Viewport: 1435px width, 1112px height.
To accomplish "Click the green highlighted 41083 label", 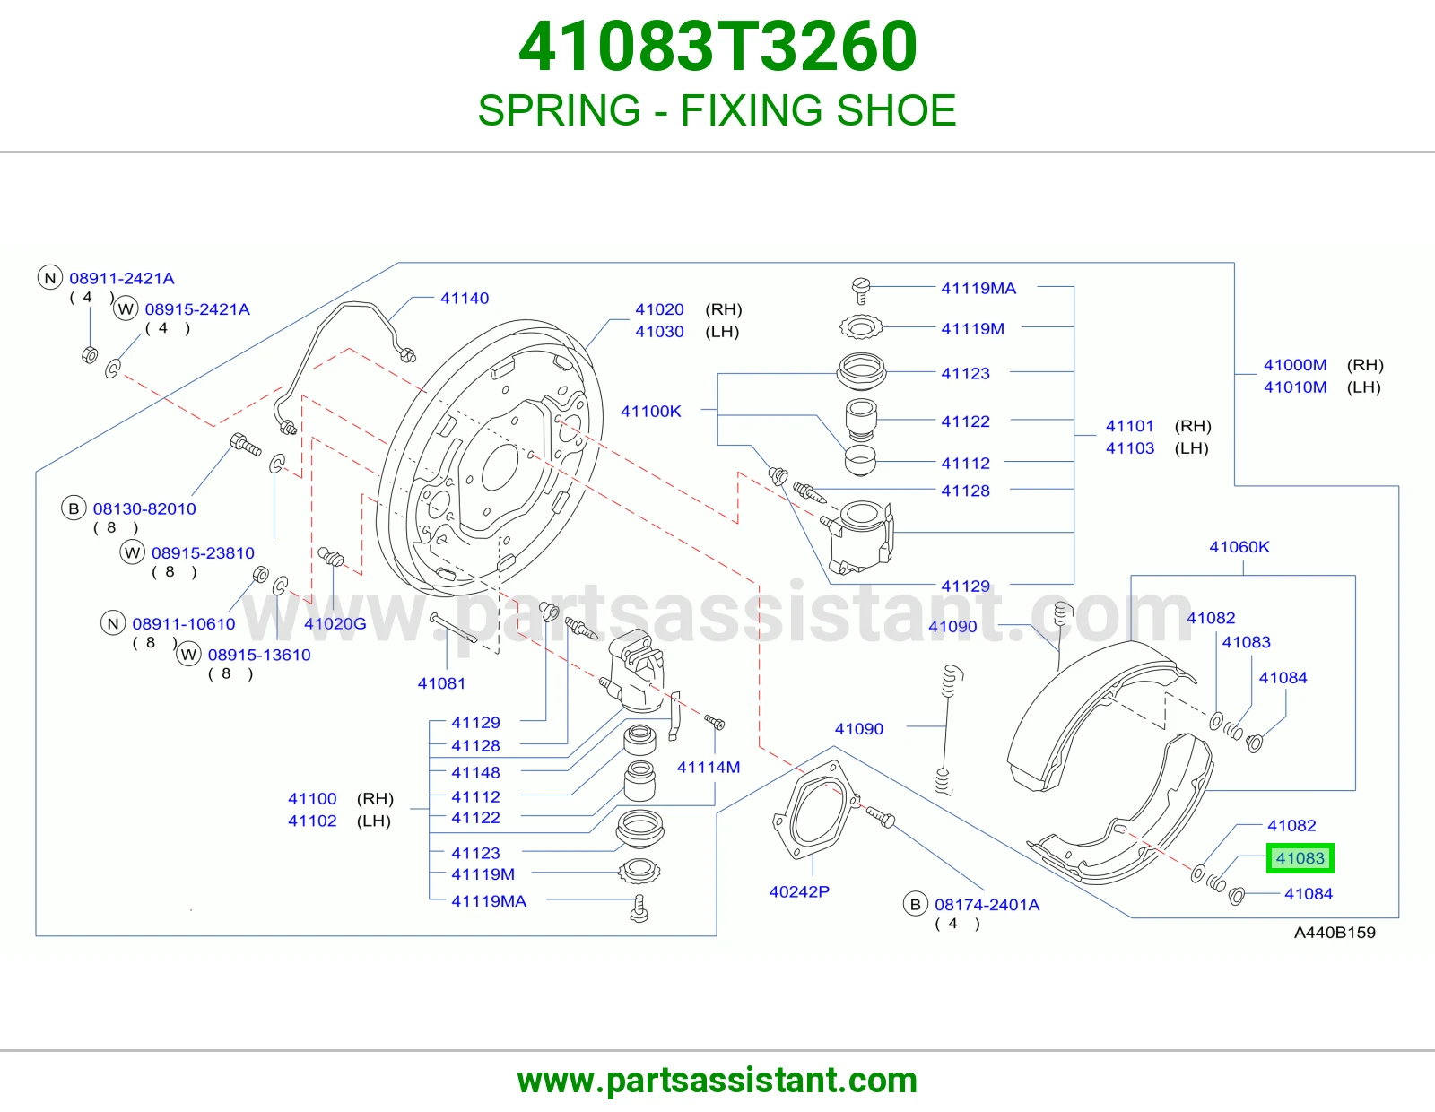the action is tap(1300, 858).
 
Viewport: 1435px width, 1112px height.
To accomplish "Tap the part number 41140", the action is tap(465, 299).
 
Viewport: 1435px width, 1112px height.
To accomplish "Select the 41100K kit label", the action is tap(650, 412).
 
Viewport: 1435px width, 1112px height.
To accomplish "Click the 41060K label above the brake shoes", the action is tap(1239, 547).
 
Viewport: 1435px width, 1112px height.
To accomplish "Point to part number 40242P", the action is tap(799, 891).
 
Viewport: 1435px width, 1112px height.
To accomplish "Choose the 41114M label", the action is tap(708, 768).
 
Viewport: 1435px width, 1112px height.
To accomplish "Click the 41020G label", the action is tap(335, 623).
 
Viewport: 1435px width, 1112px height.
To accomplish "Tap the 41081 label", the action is tap(441, 683).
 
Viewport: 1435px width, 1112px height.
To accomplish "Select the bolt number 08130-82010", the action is tap(144, 509).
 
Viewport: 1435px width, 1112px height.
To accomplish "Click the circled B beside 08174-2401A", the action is tap(916, 904).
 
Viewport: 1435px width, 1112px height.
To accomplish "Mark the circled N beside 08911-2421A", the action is tap(50, 277).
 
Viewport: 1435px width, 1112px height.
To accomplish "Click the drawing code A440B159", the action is tap(1334, 933).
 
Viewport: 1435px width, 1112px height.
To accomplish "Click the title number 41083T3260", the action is tap(717, 47).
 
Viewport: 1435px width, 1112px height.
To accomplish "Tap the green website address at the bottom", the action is tap(717, 1081).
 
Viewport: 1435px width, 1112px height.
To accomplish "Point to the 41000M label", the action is tap(1295, 365).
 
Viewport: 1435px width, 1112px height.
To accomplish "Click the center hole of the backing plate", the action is tap(500, 467).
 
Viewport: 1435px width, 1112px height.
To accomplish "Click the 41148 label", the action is tap(475, 773).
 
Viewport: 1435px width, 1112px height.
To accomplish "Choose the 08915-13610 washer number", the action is tap(259, 655).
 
